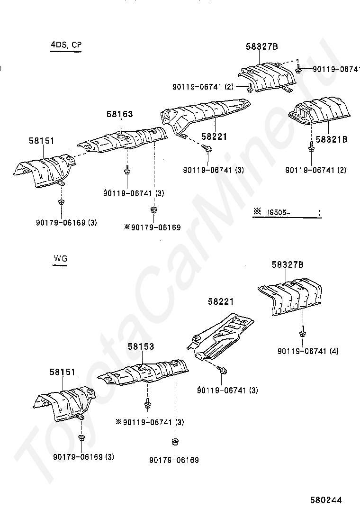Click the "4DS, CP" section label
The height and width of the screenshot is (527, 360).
point(66,45)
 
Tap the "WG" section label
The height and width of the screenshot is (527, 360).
point(60,259)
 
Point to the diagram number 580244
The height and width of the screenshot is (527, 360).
point(326,500)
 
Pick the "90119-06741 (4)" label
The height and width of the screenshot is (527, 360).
point(308,351)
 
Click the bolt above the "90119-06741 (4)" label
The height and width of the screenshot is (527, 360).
point(302,332)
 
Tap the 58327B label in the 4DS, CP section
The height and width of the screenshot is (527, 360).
point(261,46)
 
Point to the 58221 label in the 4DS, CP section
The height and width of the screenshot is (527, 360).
point(214,136)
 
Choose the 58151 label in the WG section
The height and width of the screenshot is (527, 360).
point(63,373)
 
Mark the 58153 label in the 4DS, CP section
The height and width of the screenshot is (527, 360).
point(119,114)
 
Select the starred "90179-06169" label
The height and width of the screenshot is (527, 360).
point(153,227)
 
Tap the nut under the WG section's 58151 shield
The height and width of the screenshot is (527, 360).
point(81,437)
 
